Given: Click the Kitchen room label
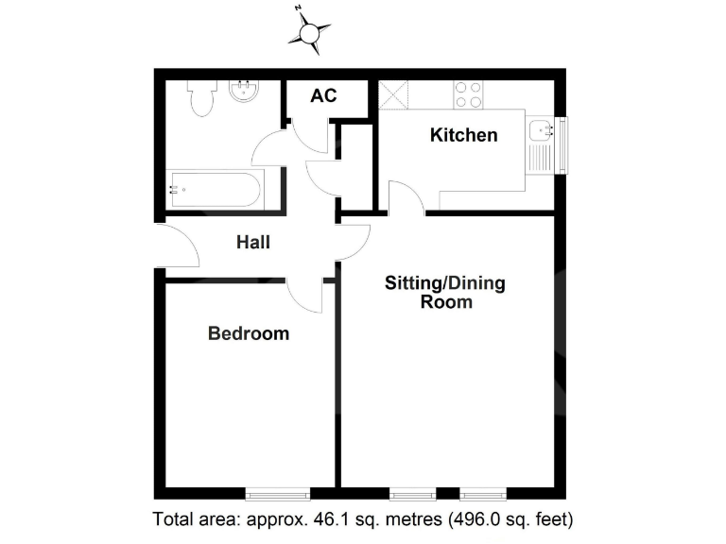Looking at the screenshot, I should [x=463, y=135].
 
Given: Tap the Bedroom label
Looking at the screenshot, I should [x=249, y=333].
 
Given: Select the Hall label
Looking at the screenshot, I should [x=252, y=243].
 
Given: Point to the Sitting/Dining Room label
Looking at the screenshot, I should [x=445, y=293].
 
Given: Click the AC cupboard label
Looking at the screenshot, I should [x=324, y=96].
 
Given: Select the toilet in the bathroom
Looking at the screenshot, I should [x=200, y=98].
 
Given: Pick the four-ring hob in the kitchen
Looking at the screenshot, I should [x=467, y=94].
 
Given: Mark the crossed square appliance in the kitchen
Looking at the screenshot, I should [x=392, y=94].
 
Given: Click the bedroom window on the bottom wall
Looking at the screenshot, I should [x=277, y=493].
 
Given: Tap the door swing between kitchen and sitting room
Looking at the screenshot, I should [x=405, y=198].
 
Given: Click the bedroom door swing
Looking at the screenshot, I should [x=304, y=296].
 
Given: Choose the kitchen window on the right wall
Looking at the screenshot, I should [x=562, y=145].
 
